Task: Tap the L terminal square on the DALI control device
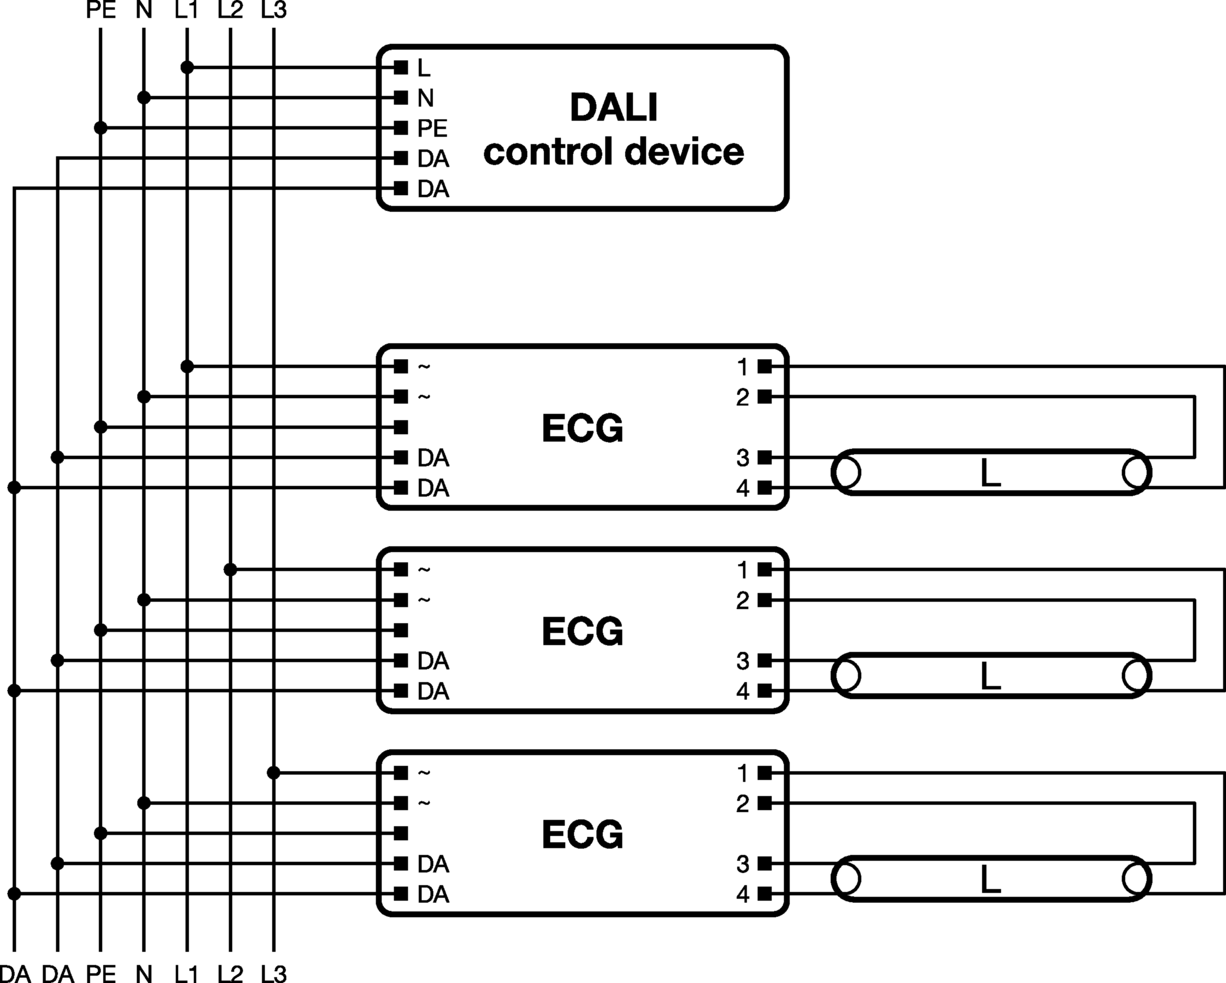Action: click(x=401, y=68)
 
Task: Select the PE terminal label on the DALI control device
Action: click(x=432, y=128)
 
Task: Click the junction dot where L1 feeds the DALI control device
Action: click(x=187, y=68)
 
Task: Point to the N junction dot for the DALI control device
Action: click(x=144, y=98)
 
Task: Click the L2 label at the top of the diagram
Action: click(x=230, y=10)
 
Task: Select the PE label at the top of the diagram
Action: click(x=101, y=10)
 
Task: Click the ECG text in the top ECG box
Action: click(x=582, y=428)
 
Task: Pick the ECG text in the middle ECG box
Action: click(x=582, y=631)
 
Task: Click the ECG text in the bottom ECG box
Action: click(x=582, y=835)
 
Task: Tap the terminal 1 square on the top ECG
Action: click(x=765, y=367)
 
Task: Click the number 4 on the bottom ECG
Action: click(x=743, y=895)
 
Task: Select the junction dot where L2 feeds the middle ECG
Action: click(x=230, y=569)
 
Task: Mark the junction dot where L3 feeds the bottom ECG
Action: click(x=273, y=772)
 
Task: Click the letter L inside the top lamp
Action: click(x=991, y=473)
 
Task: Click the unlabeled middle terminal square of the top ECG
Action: click(x=401, y=427)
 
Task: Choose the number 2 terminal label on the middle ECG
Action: click(x=743, y=600)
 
